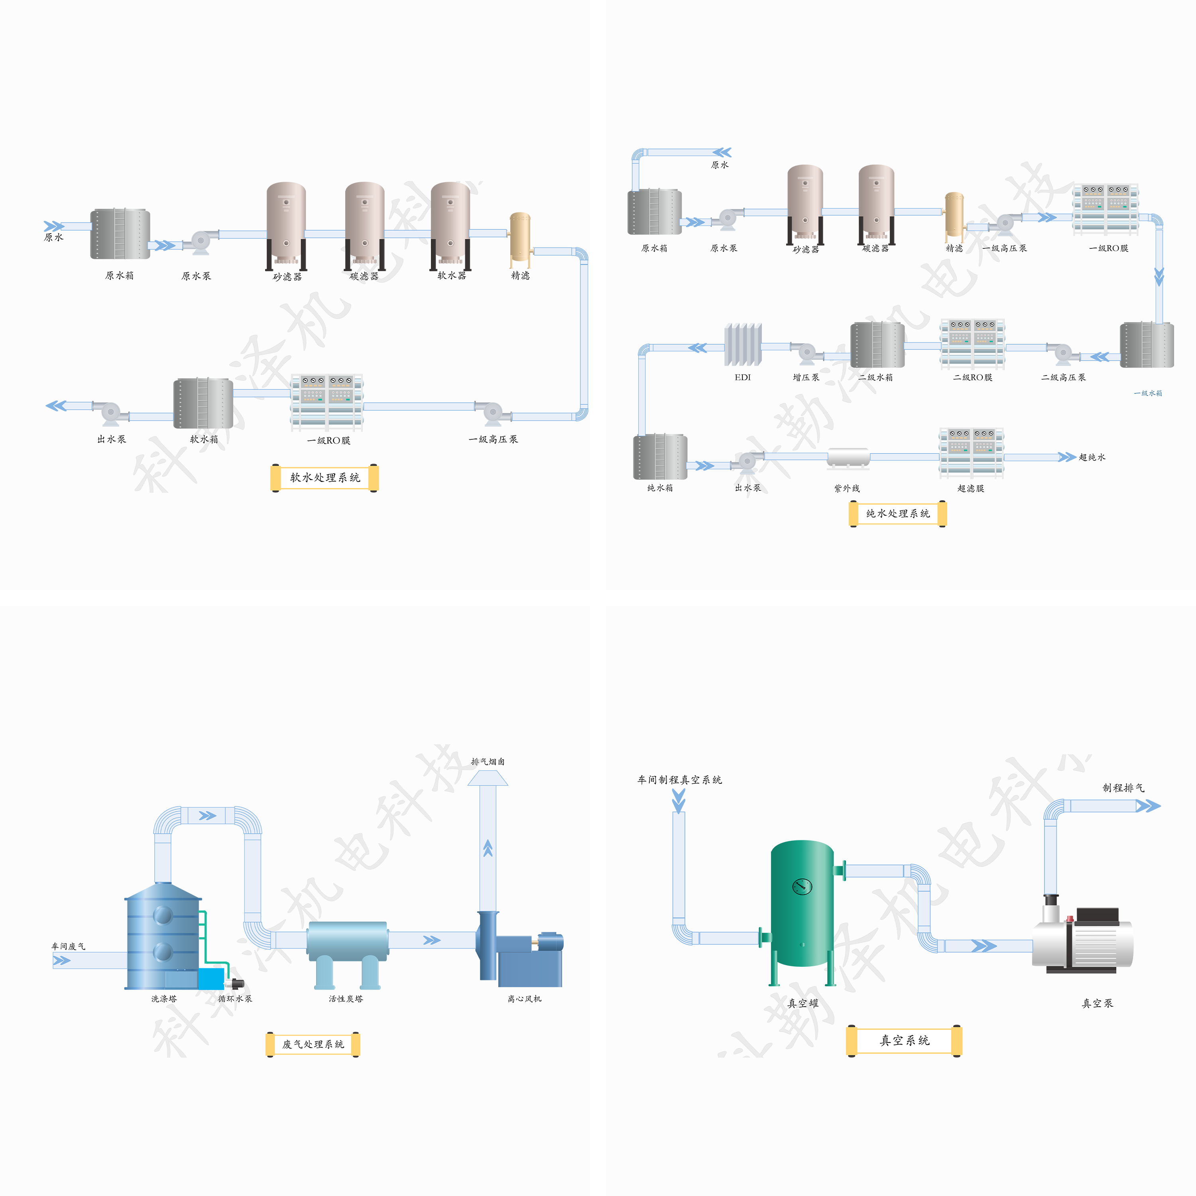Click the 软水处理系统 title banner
pos(325,477)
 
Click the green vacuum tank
pos(802,904)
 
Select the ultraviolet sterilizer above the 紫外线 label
pos(848,458)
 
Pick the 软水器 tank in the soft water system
pos(450,226)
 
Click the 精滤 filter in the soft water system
pos(519,238)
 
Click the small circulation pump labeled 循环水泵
pos(235,984)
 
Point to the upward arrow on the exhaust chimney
pos(488,848)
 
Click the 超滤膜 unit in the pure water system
pos(971,452)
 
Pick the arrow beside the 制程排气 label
pos(1148,805)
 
